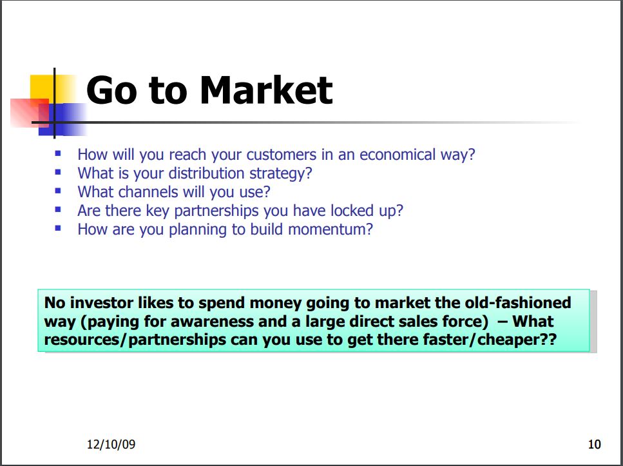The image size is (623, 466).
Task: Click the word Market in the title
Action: tap(266, 90)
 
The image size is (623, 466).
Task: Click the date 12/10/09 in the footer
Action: tap(111, 444)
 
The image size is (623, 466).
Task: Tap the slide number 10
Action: tap(595, 444)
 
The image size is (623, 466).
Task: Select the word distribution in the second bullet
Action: tap(206, 173)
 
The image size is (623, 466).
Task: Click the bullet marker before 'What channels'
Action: tap(58, 191)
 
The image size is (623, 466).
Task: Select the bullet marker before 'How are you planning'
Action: tap(58, 228)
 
